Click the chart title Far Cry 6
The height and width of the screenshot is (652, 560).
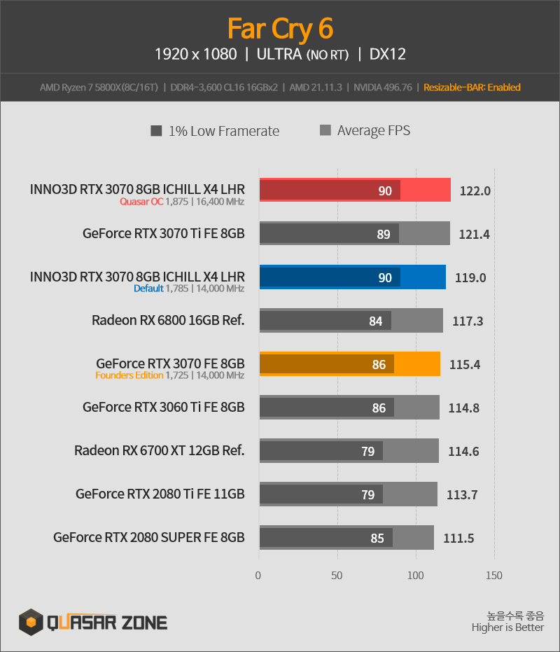coord(280,29)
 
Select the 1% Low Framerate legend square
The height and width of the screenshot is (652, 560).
coord(156,131)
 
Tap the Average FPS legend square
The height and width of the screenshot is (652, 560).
coord(325,130)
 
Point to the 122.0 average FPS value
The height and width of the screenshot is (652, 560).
coord(475,191)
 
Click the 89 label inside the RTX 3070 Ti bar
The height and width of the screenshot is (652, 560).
coord(384,234)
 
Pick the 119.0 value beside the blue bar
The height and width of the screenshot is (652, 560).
coord(470,277)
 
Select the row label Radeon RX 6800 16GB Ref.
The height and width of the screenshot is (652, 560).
coord(168,320)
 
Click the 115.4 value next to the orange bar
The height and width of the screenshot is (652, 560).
coord(465,364)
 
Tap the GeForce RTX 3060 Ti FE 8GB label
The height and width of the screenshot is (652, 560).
coord(163,407)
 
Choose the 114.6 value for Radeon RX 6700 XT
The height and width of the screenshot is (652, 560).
coord(463,451)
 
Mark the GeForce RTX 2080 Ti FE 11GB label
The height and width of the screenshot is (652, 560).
coord(160,494)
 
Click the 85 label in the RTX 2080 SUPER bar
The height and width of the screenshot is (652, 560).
coord(377,538)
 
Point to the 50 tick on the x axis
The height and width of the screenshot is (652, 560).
coord(337,576)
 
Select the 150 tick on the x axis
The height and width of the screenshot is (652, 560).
coord(494,576)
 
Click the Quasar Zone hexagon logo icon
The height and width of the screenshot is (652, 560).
coord(31,622)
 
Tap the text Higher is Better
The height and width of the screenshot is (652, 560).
coord(507,627)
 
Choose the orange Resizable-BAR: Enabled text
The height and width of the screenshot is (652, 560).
coord(472,88)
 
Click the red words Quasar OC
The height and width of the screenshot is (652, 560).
coord(141,202)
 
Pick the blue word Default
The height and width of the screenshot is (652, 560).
coord(148,289)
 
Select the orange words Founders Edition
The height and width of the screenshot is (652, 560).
coord(129,375)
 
